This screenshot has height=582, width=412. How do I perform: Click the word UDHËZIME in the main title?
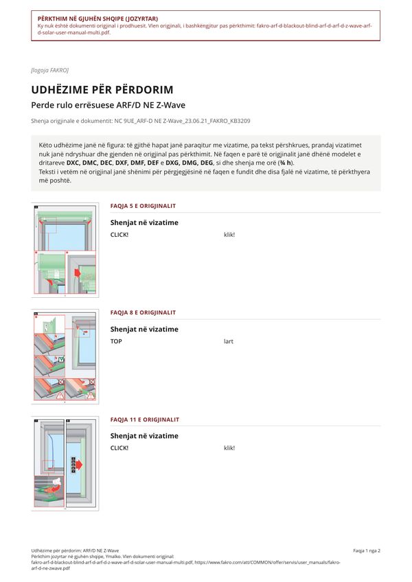[x=65, y=90]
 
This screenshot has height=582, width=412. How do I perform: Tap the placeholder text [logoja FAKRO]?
[x=49, y=70]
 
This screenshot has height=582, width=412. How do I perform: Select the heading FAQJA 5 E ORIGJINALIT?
[x=143, y=206]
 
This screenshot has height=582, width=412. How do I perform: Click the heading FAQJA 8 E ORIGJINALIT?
[x=143, y=312]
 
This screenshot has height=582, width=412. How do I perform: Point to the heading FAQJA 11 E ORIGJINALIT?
[x=144, y=419]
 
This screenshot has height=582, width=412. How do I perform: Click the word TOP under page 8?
[x=116, y=341]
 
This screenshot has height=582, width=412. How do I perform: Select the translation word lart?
[x=229, y=341]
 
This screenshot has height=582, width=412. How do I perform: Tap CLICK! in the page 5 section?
[x=119, y=235]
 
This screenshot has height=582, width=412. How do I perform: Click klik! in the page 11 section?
[x=229, y=448]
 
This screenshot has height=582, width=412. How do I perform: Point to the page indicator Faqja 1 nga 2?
[x=367, y=551]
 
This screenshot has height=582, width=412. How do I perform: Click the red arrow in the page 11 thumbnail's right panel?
[x=78, y=465]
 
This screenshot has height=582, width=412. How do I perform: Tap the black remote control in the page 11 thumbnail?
[x=73, y=465]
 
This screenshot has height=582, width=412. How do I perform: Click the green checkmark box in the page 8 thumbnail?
[x=61, y=360]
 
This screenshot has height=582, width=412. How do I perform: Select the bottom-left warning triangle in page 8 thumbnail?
[x=60, y=396]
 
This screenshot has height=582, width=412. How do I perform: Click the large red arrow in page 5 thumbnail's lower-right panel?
[x=78, y=273]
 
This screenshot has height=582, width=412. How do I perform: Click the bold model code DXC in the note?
[x=73, y=163]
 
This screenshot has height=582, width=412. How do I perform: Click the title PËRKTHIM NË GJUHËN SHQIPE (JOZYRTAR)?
[x=98, y=19]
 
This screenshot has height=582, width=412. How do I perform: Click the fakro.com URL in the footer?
[x=267, y=562]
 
